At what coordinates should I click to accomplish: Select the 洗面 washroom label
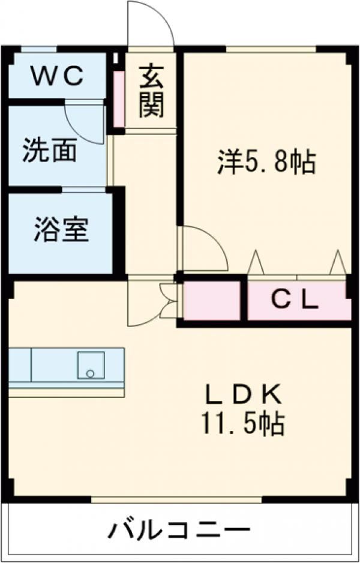click(50, 150)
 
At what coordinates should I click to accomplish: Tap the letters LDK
click(243, 394)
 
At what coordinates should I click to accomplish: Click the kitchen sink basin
click(90, 365)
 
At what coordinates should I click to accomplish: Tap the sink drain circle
click(90, 373)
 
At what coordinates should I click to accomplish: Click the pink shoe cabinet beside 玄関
click(119, 100)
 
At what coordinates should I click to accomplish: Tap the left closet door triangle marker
click(256, 262)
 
